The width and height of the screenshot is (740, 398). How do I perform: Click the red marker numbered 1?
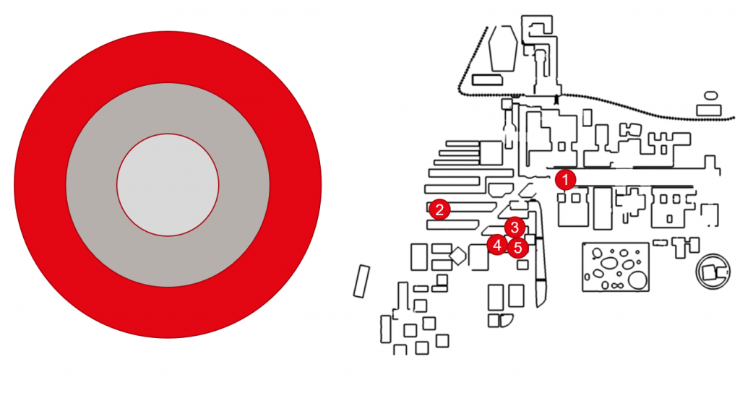565,180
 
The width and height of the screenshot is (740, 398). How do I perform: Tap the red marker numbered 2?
439,209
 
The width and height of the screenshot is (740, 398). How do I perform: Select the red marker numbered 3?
515,228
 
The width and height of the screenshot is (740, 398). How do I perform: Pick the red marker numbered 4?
497,245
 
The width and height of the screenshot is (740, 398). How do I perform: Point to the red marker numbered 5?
517,248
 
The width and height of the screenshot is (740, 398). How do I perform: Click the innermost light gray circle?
168,185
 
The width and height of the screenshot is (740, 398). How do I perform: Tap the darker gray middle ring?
90,185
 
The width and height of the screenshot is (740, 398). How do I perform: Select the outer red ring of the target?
40,185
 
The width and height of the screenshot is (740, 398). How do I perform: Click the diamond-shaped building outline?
457,256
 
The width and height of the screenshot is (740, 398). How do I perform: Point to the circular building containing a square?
713,271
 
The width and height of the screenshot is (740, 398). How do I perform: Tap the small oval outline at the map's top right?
711,96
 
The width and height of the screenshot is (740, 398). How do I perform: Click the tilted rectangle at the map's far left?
361,281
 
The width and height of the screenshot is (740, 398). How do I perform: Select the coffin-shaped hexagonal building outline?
503,48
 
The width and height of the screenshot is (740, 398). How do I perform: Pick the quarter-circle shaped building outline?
507,321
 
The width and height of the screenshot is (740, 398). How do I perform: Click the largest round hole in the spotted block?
637,280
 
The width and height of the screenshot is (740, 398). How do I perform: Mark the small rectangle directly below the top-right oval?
709,111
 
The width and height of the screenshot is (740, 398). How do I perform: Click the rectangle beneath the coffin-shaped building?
487,79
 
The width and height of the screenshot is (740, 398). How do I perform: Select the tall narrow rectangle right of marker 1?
603,209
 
